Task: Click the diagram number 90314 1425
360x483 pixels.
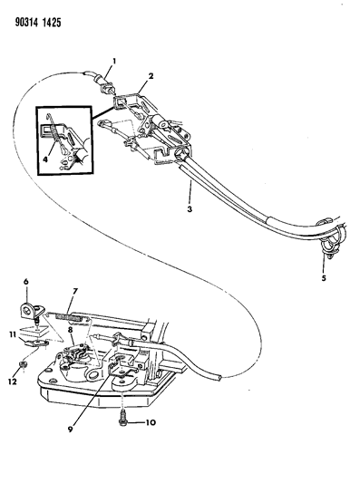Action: (38, 23)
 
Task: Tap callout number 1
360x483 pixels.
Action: (114, 62)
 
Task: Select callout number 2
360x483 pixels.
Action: (151, 76)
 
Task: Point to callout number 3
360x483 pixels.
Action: (190, 208)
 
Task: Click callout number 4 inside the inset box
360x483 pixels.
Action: (45, 159)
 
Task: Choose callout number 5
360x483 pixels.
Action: (324, 278)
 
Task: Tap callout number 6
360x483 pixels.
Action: (26, 282)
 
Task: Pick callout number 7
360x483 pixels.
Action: (75, 291)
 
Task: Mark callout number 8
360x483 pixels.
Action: (71, 330)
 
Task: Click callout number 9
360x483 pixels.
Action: (71, 430)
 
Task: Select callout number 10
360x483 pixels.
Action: (150, 422)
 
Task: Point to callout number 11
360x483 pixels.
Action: (13, 334)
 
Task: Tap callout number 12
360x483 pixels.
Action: (13, 382)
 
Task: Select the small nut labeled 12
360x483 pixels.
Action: (22, 364)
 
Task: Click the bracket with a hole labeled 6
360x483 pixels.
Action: (30, 311)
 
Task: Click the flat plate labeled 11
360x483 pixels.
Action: (36, 343)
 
